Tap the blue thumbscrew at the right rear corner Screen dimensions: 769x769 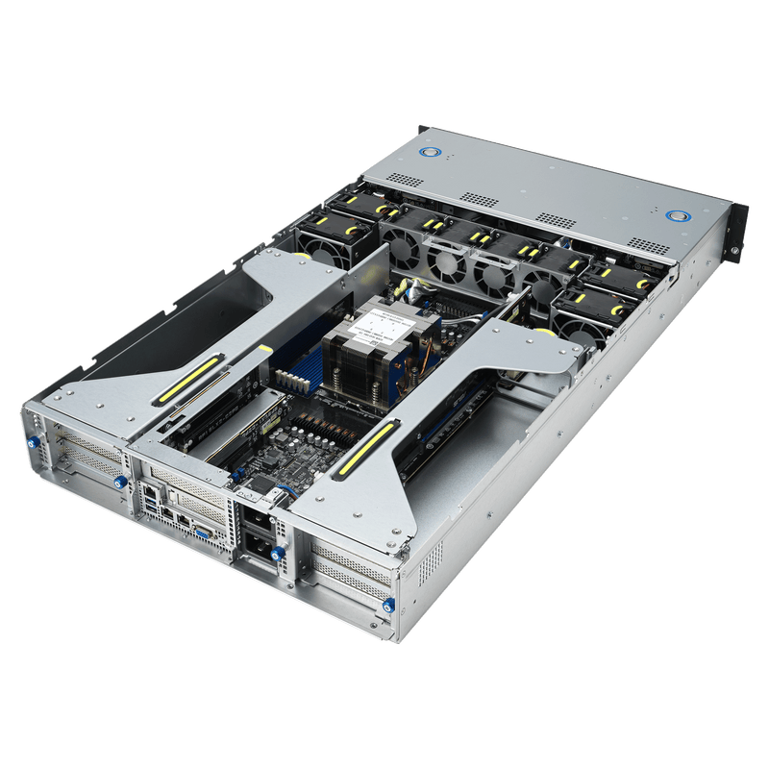(387, 606)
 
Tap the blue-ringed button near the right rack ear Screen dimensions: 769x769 (678, 213)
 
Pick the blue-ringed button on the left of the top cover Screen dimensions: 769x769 (429, 152)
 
